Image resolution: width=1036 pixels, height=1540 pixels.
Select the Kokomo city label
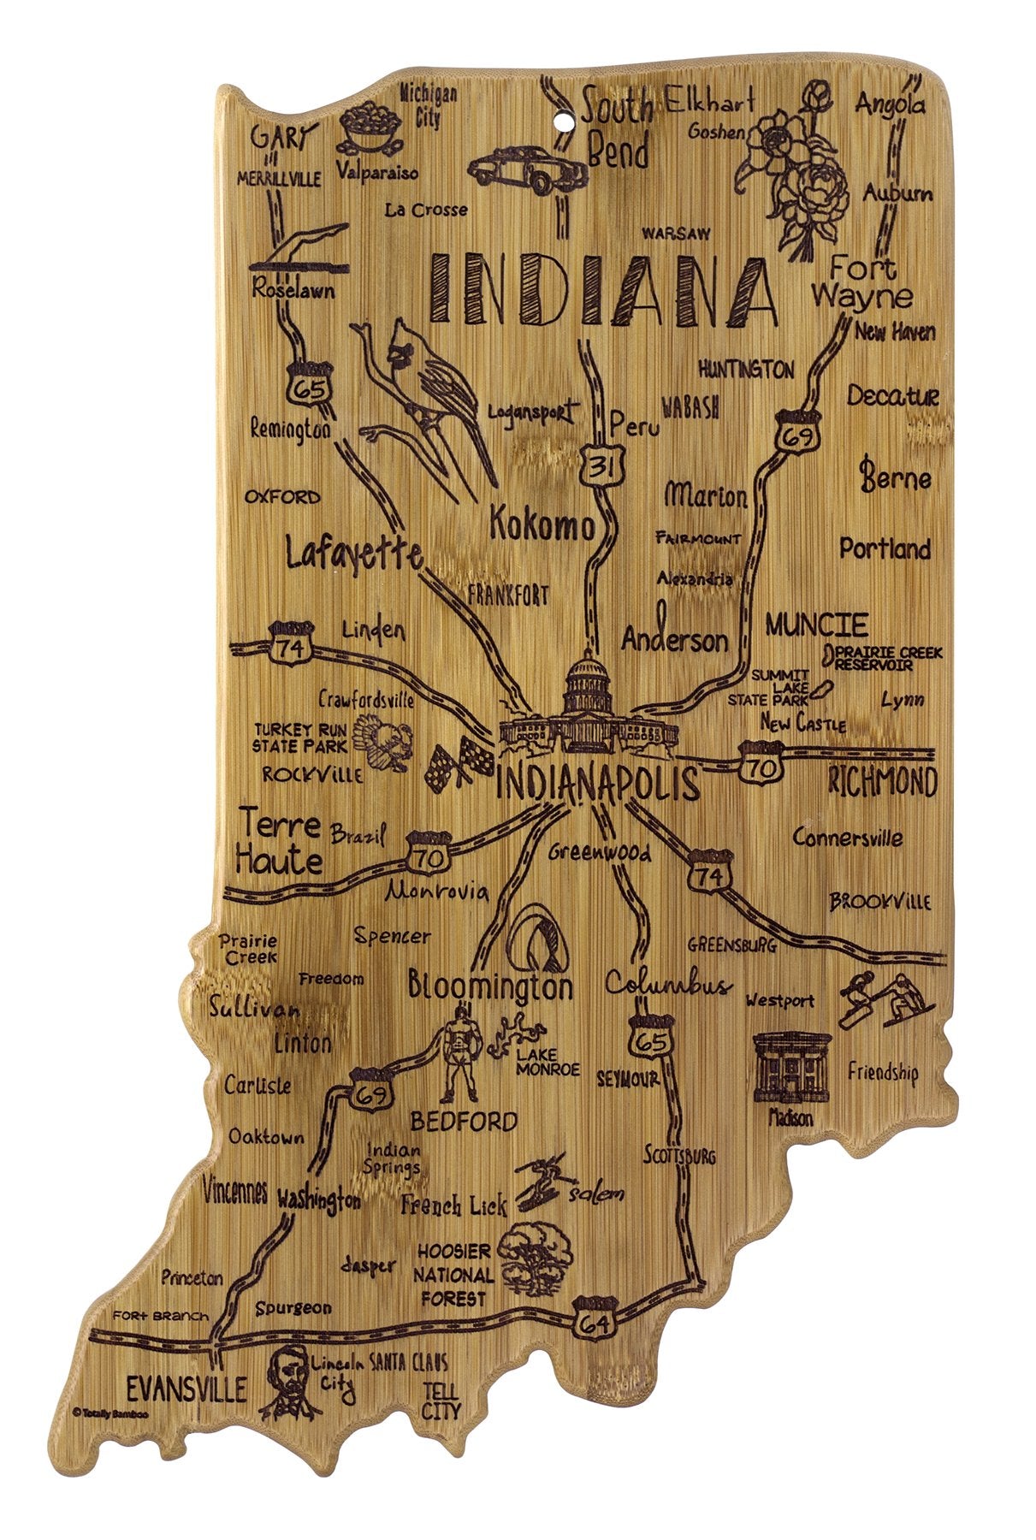pyautogui.click(x=542, y=524)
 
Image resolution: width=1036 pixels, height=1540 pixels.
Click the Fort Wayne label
pyautogui.click(x=861, y=283)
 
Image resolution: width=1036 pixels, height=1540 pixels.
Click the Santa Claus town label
pyautogui.click(x=407, y=1363)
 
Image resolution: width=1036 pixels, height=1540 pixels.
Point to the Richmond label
pyautogui.click(x=882, y=781)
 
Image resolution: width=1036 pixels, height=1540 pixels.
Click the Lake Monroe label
pyautogui.click(x=548, y=1062)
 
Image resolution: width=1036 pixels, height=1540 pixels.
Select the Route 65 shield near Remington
pyautogui.click(x=307, y=389)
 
